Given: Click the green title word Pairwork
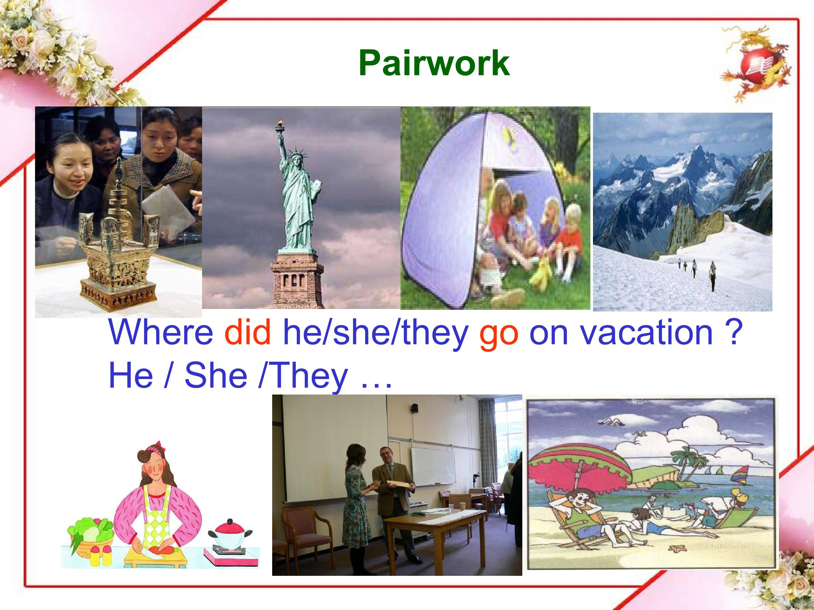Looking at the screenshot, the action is (434, 63).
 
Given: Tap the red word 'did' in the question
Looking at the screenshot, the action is (247, 332).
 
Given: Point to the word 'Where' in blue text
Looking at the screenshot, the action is (161, 332).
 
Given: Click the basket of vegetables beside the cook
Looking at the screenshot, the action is (90, 535).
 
